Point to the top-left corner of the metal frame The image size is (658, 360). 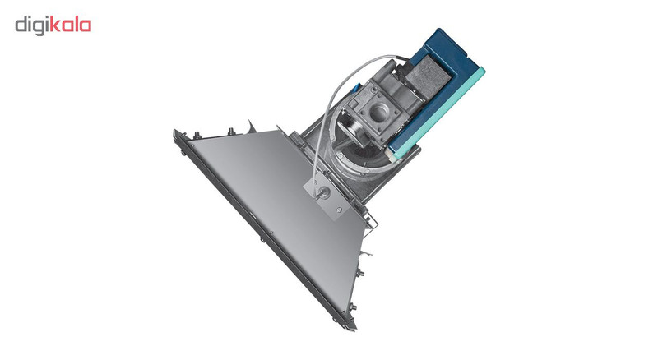click(x=175, y=132)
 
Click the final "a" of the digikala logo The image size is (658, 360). click(x=86, y=25)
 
